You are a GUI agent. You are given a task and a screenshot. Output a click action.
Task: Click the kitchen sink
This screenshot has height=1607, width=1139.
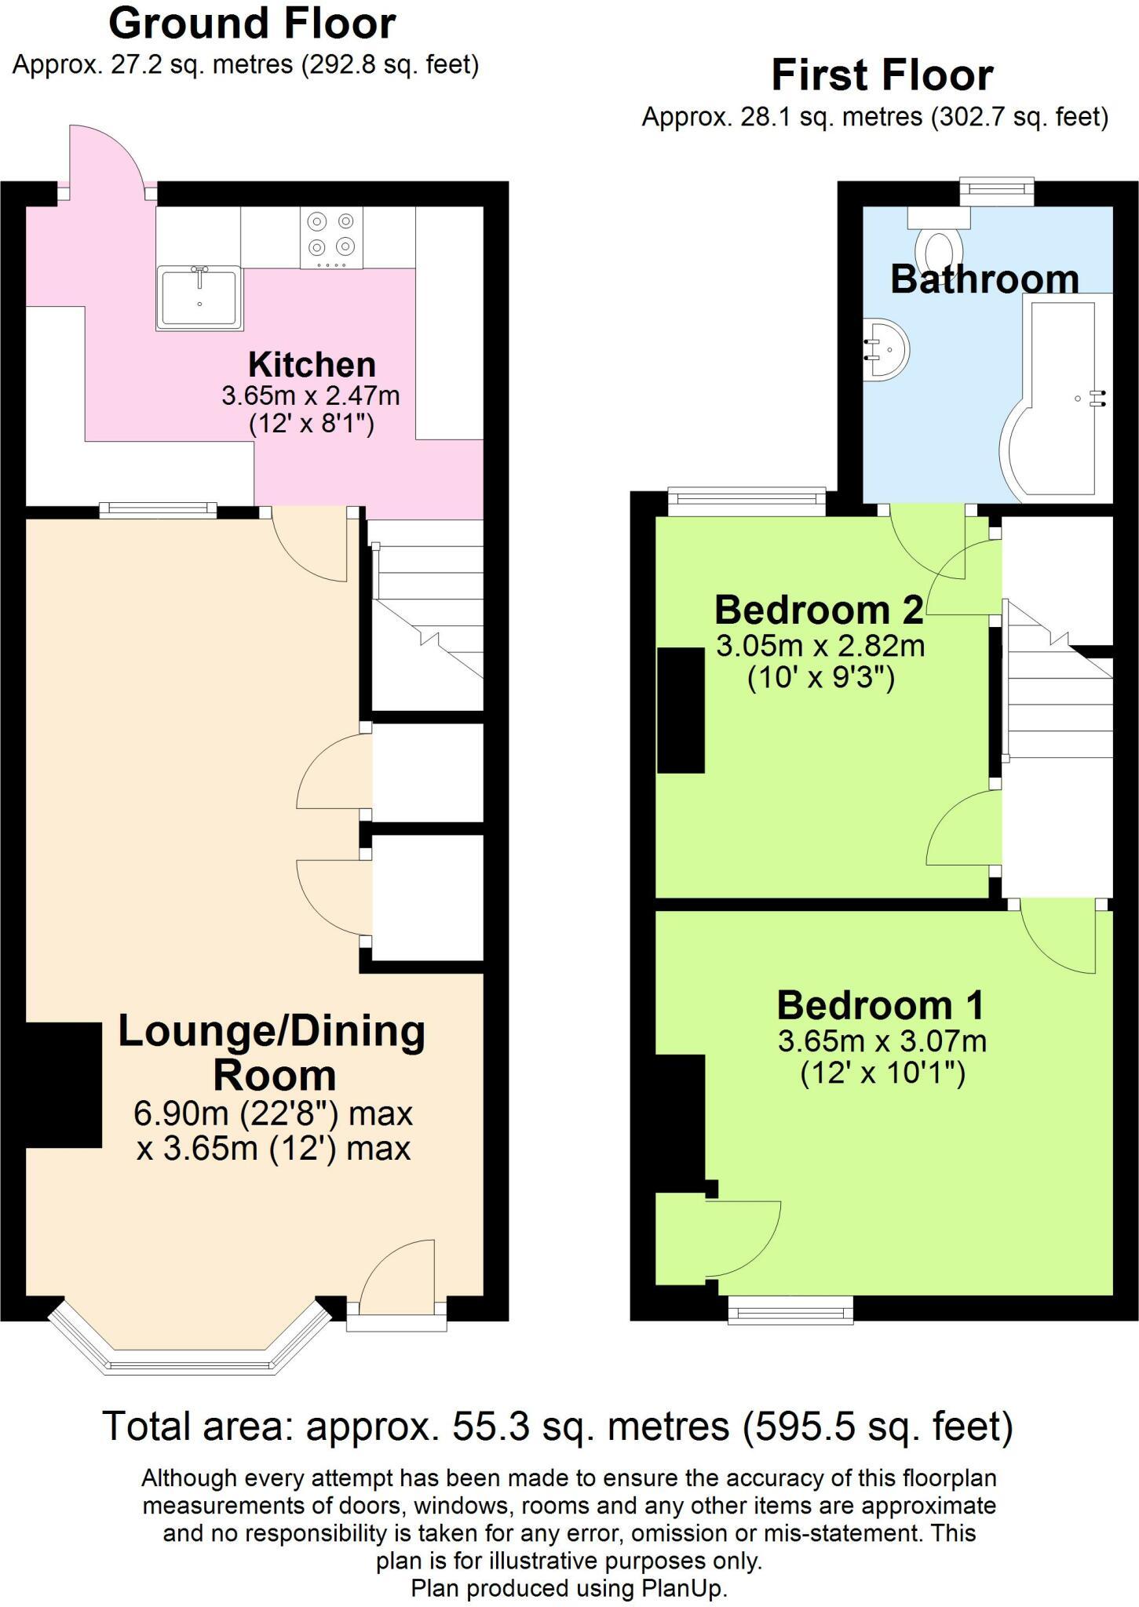click(x=199, y=297)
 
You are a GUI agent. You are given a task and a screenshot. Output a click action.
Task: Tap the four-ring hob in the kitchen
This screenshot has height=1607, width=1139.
click(x=331, y=236)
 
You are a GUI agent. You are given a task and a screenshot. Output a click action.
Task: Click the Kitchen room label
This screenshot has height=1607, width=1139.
click(x=312, y=365)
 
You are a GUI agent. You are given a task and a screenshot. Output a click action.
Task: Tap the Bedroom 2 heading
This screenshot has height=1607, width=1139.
click(x=819, y=610)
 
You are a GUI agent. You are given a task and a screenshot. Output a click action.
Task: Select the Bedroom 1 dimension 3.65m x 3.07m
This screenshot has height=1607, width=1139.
click(x=882, y=1041)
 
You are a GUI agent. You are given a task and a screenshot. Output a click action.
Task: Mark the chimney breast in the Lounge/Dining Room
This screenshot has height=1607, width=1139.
click(x=63, y=1085)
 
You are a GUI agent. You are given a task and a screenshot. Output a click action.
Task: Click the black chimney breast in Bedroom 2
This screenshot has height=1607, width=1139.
click(x=681, y=710)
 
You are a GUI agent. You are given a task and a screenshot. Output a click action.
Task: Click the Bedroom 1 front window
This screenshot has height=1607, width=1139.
click(x=790, y=1310)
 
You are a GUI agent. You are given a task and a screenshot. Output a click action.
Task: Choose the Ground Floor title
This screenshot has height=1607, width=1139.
click(x=252, y=24)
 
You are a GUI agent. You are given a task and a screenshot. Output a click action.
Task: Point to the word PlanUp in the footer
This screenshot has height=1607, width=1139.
click(x=684, y=1588)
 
